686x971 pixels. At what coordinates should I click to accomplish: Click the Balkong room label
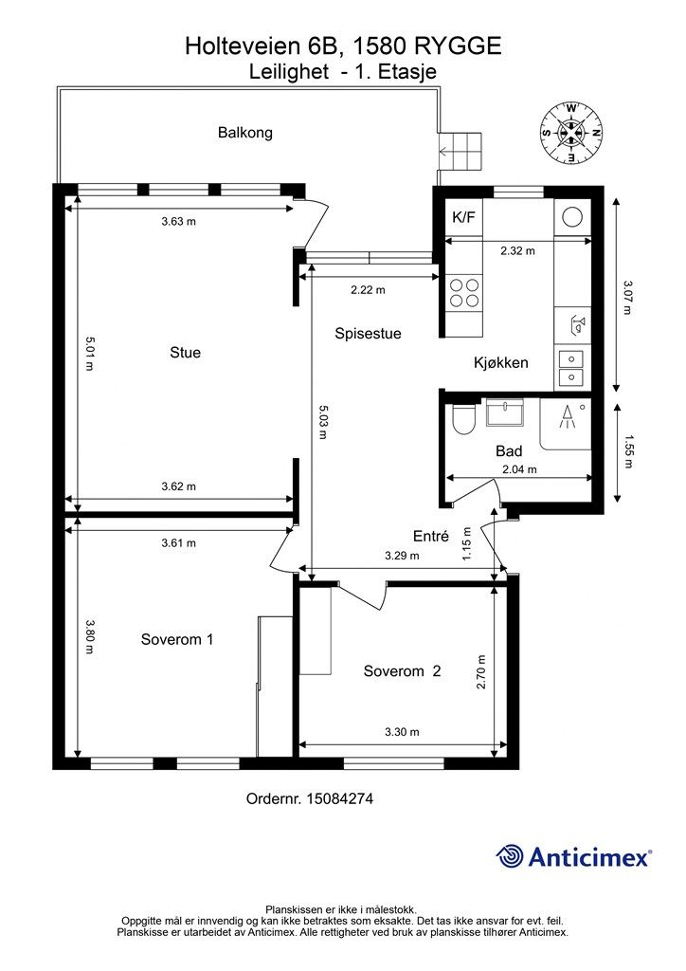(245, 133)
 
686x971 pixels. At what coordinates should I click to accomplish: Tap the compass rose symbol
(570, 132)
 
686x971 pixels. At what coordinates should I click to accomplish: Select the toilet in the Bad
(463, 420)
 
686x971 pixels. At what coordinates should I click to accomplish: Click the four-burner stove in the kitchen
(464, 292)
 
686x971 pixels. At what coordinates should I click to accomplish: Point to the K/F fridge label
(464, 217)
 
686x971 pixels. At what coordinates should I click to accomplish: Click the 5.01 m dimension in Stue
(89, 354)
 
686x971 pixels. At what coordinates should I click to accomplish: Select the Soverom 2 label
(402, 671)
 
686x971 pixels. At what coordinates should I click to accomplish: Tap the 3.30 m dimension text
(402, 732)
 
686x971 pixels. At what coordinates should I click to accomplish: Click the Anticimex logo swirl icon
(510, 856)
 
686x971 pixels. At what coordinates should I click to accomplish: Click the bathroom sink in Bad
(505, 412)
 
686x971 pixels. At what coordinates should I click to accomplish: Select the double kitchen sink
(571, 368)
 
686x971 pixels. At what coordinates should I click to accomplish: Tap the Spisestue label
(368, 334)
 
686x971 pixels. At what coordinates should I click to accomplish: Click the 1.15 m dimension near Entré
(467, 543)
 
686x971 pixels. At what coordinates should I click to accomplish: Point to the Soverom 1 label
(177, 639)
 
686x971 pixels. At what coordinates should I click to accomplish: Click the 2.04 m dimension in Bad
(519, 469)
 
